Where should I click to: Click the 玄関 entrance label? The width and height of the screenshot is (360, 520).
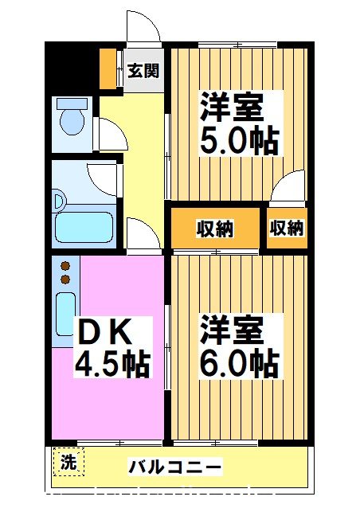point(143,71)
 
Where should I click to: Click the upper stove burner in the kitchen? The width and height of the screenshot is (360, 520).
point(66,266)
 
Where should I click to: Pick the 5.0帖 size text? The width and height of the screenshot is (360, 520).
point(238,142)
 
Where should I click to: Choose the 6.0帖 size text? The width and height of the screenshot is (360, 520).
point(238,363)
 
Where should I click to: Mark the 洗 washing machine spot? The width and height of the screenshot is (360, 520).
point(69,462)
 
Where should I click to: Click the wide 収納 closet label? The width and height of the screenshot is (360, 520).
point(215,229)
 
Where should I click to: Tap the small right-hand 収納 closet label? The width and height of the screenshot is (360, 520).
point(287,229)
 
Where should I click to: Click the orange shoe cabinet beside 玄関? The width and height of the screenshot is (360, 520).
point(108,69)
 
